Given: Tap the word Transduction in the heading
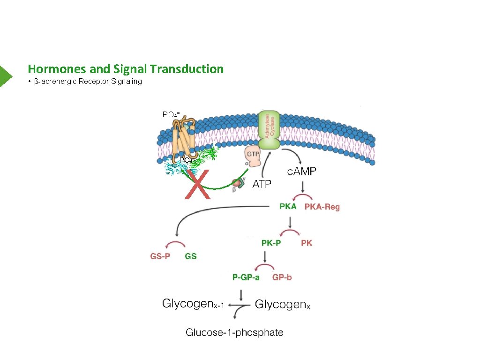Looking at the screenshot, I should (x=195, y=69).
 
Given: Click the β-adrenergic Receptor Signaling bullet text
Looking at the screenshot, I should (x=88, y=82).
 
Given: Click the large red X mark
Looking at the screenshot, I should (x=197, y=184).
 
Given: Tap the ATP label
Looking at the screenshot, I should (x=262, y=184).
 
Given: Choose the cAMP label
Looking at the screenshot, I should (x=301, y=172).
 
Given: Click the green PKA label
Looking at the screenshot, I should (x=288, y=206).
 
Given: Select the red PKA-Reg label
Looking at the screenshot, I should (x=322, y=207).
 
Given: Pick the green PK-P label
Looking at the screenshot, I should (x=272, y=243).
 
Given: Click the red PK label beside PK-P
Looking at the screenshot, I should (x=306, y=243).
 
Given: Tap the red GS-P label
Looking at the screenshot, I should (x=160, y=256).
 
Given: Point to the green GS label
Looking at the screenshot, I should (x=191, y=256).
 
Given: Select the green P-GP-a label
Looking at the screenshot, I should (x=246, y=277).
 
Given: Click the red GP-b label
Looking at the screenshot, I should (x=282, y=277).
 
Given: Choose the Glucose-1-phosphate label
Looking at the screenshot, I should (x=234, y=333).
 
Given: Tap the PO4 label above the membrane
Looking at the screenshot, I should (x=171, y=114).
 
